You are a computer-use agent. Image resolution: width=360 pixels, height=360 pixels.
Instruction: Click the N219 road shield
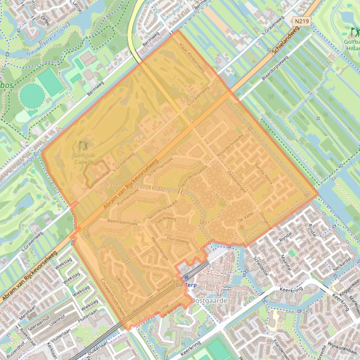(x=301, y=21)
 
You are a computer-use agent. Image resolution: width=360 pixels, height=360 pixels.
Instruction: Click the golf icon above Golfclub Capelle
(x=83, y=146)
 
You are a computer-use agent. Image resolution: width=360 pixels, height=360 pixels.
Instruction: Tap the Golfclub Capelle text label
(x=83, y=158)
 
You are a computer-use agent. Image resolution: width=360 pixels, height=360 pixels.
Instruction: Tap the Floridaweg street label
(x=178, y=241)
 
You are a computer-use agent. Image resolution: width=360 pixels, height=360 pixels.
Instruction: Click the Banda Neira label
(x=263, y=173)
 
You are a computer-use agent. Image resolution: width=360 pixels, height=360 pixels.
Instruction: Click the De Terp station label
(x=186, y=285)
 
